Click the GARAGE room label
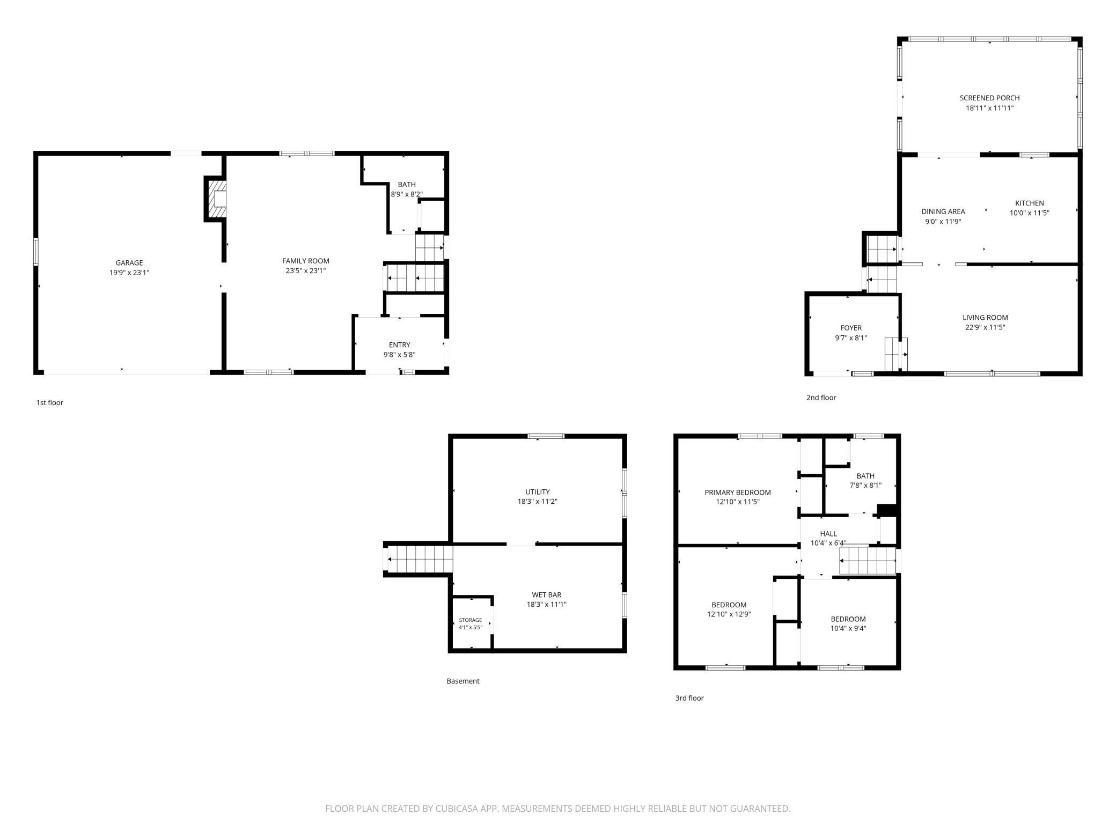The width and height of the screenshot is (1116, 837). pyautogui.click(x=129, y=263)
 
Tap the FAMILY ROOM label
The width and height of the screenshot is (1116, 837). pyautogui.click(x=306, y=261)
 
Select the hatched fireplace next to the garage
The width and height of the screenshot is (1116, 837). pyautogui.click(x=216, y=199)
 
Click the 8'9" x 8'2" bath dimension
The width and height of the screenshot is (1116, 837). pyautogui.click(x=407, y=194)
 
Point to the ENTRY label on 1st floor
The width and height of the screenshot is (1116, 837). pyautogui.click(x=400, y=345)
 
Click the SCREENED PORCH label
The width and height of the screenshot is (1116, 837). pyautogui.click(x=990, y=98)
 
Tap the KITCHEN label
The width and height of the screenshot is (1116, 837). pyautogui.click(x=1030, y=203)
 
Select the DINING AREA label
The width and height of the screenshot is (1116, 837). pyautogui.click(x=943, y=211)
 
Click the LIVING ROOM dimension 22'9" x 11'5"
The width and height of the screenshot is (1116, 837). pyautogui.click(x=985, y=327)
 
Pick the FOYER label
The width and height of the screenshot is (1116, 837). pyautogui.click(x=851, y=328)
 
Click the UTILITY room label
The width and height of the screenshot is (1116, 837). pyautogui.click(x=538, y=492)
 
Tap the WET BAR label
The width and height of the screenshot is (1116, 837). pyautogui.click(x=547, y=595)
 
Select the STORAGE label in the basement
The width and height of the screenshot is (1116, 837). pyautogui.click(x=471, y=620)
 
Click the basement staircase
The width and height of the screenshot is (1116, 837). pyautogui.click(x=419, y=559)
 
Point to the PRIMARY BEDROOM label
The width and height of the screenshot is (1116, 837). pyautogui.click(x=738, y=493)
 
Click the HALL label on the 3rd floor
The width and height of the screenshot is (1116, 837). pyautogui.click(x=828, y=534)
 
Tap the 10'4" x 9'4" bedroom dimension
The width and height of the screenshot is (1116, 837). pyautogui.click(x=848, y=628)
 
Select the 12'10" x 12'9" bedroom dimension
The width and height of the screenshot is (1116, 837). pyautogui.click(x=729, y=614)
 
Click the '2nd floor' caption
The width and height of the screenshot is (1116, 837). pyautogui.click(x=821, y=398)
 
